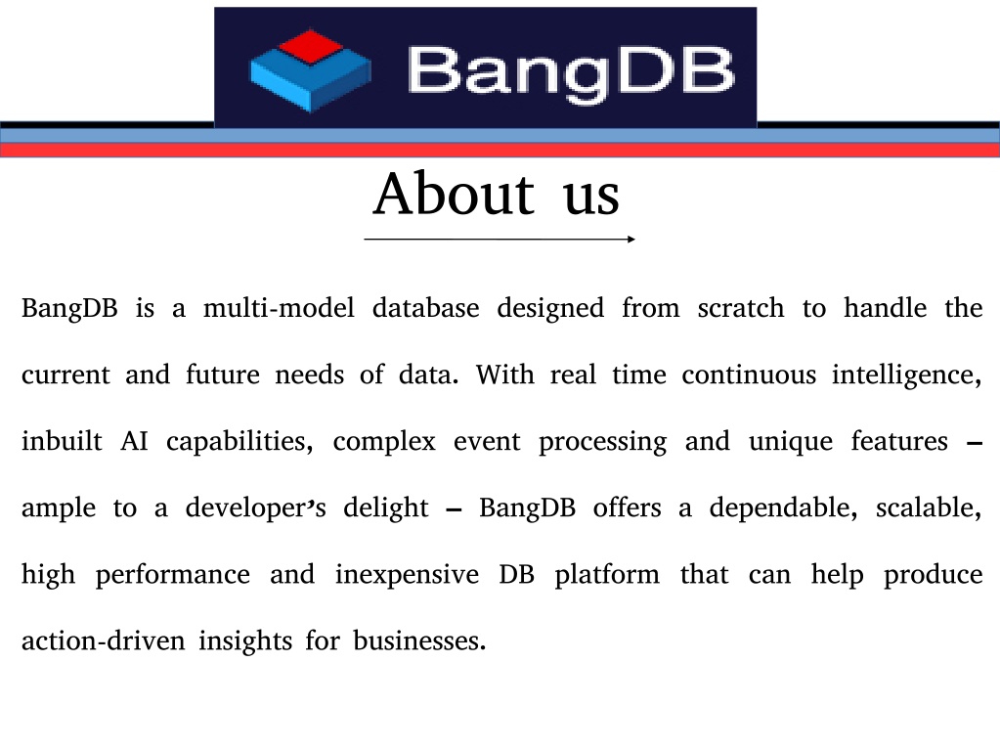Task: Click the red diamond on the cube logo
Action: (310, 46)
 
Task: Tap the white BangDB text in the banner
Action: (571, 72)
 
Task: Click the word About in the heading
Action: (454, 194)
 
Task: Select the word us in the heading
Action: (591, 199)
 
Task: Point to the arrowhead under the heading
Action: (630, 240)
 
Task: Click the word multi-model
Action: (279, 308)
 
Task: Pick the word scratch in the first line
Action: (740, 308)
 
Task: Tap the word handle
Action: (886, 308)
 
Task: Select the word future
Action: (223, 375)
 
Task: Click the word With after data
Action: (505, 375)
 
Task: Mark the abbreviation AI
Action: (134, 441)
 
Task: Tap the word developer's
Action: (256, 507)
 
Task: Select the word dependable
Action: (783, 507)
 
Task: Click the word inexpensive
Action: (407, 576)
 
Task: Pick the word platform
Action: (607, 576)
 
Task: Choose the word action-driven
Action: (104, 640)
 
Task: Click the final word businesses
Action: (419, 640)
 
